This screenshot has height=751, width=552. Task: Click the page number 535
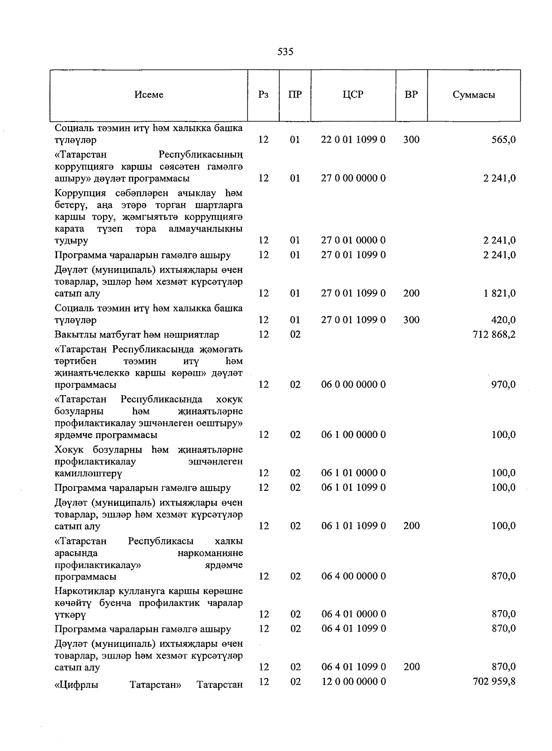click(285, 52)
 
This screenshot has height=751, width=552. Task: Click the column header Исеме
click(149, 95)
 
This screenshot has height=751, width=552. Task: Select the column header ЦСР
click(353, 95)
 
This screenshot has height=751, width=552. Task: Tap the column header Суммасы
click(473, 95)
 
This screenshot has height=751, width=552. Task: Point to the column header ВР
click(411, 95)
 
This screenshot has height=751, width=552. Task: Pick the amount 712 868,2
click(494, 335)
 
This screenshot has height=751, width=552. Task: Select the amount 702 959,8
click(494, 681)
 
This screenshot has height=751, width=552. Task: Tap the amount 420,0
click(503, 320)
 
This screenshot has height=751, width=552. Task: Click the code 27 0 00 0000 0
click(353, 178)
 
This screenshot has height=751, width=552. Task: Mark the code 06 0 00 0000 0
click(353, 384)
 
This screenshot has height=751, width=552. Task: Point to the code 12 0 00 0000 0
click(353, 681)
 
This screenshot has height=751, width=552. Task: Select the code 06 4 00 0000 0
click(353, 576)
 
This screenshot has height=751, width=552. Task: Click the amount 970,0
click(503, 384)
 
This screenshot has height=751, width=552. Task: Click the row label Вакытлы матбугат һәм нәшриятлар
click(137, 335)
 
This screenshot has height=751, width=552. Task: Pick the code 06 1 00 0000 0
click(353, 435)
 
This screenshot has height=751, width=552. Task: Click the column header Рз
click(263, 95)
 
